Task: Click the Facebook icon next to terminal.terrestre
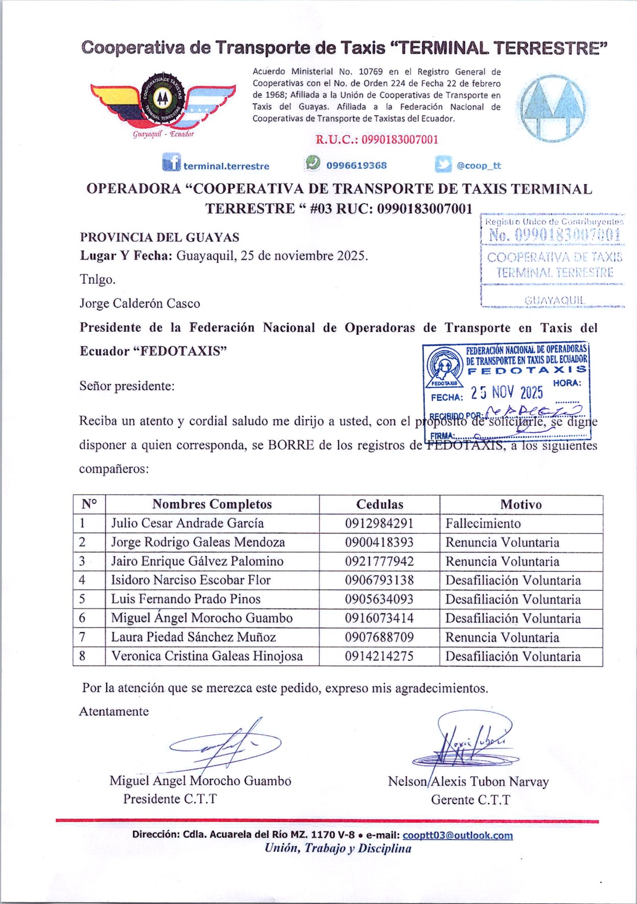[171, 163]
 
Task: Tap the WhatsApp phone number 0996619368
[356, 166]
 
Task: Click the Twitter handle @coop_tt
[479, 166]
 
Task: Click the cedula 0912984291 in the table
[379, 523]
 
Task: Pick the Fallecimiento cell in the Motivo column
[483, 523]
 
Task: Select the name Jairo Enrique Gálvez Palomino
[197, 561]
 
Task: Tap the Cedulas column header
[380, 504]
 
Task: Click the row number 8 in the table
[82, 656]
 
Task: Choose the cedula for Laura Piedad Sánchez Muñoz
[379, 637]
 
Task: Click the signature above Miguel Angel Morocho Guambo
[225, 746]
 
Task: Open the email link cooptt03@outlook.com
[457, 835]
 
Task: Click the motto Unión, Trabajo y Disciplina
[338, 848]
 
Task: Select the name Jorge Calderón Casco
[139, 304]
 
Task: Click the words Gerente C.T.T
[470, 800]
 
